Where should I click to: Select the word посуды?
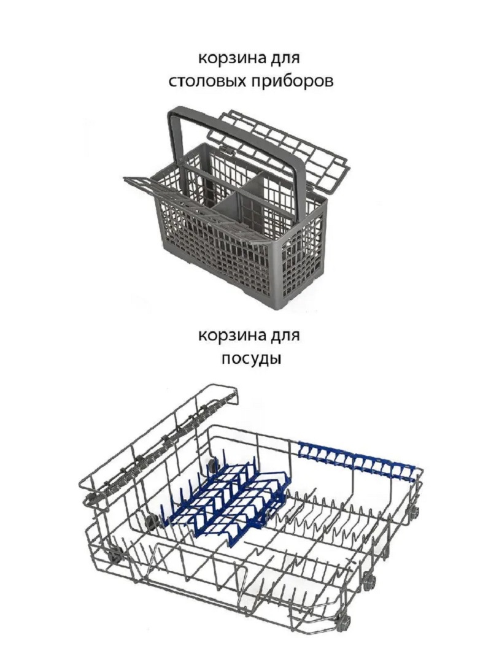(251, 358)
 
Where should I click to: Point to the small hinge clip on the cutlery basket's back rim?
(226, 148)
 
